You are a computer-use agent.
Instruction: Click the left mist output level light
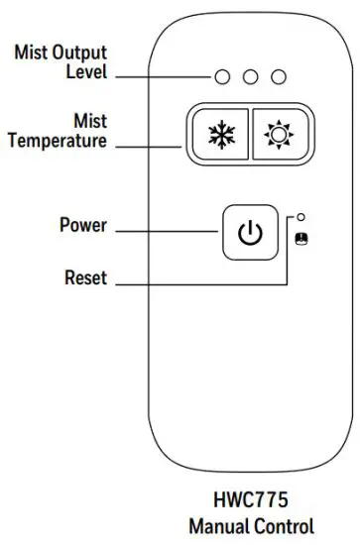[226, 76]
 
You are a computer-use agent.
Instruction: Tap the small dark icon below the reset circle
[300, 238]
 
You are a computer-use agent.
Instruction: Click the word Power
[82, 225]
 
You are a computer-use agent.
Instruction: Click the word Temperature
[58, 142]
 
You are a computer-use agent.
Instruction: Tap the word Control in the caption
[288, 525]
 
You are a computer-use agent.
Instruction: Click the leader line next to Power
[164, 232]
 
